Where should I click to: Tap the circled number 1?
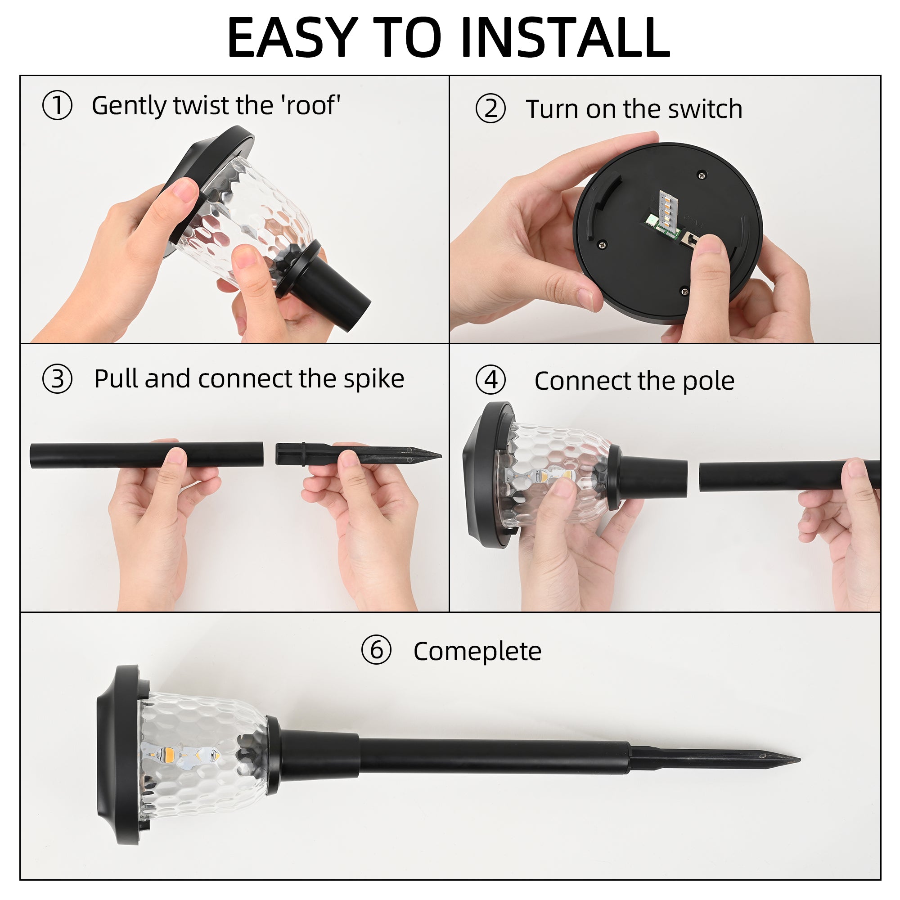point(57,105)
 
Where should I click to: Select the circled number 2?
point(490,108)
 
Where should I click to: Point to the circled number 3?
point(57,379)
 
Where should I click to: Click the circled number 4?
point(490,380)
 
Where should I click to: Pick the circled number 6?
point(376,650)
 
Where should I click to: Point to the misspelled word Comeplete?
point(477,652)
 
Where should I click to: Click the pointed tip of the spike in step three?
point(441,455)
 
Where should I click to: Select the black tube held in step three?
point(146,455)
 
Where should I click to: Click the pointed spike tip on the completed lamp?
point(799,760)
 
